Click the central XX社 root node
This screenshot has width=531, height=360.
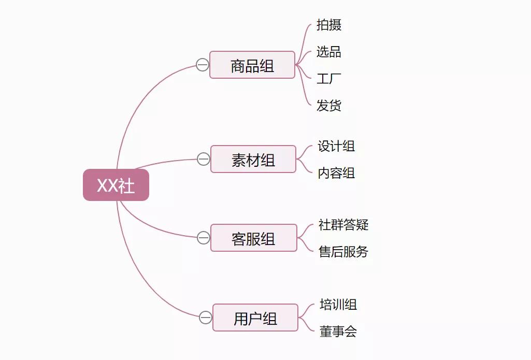(x=116, y=185)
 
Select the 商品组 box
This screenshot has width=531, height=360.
(x=252, y=65)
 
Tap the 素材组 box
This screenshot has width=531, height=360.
(x=253, y=160)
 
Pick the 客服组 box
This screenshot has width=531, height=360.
(x=254, y=238)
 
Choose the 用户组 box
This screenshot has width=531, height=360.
(x=255, y=318)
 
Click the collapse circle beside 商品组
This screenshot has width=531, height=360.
(x=203, y=65)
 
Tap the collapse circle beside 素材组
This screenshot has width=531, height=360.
(x=204, y=159)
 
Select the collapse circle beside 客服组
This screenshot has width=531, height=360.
(x=204, y=238)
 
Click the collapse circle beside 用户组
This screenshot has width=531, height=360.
(x=206, y=318)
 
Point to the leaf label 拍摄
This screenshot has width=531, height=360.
(x=329, y=25)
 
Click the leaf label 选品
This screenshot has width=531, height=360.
(x=329, y=52)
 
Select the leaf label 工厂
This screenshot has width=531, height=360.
(x=329, y=79)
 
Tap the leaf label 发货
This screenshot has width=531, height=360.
(x=329, y=106)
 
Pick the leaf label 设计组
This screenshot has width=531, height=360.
(x=336, y=147)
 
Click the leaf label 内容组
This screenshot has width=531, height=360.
(x=336, y=174)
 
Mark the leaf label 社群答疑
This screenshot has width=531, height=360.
(x=343, y=225)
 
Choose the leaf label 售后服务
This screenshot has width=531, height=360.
(x=343, y=252)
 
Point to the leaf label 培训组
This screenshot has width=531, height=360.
(x=338, y=305)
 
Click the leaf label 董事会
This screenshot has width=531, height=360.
(x=338, y=332)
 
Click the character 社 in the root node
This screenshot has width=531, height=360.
(x=127, y=185)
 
